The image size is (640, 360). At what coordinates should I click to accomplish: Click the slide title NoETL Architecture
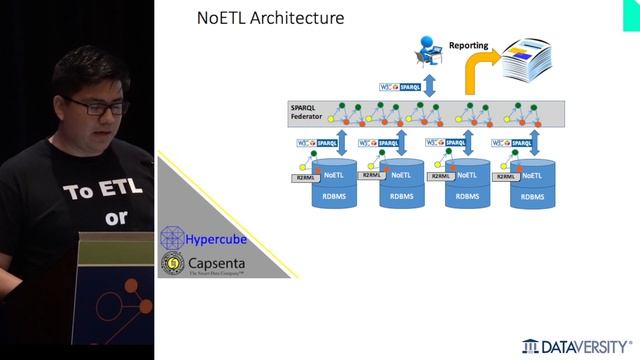click(x=270, y=18)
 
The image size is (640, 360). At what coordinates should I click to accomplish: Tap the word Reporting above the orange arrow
click(x=468, y=45)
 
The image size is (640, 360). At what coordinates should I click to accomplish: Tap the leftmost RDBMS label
click(x=336, y=197)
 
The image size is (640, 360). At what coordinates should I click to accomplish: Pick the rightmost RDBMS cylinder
click(x=533, y=185)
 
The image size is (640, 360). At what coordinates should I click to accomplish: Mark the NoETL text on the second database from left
click(x=401, y=175)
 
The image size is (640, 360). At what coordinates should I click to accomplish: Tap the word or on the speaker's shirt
click(x=116, y=217)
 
